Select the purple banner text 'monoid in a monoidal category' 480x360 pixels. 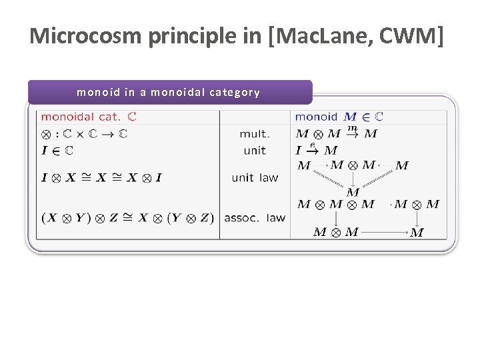pyautogui.click(x=168, y=93)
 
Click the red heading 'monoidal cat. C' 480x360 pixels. pyautogui.click(x=89, y=117)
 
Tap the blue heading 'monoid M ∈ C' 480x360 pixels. pyautogui.click(x=339, y=117)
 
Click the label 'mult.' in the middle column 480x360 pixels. pyautogui.click(x=255, y=134)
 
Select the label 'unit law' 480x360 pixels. pyautogui.click(x=255, y=177)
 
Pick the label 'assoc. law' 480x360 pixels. pyautogui.click(x=255, y=217)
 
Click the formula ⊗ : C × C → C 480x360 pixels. pyautogui.click(x=84, y=134)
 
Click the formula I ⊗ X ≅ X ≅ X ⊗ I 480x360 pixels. pyautogui.click(x=102, y=177)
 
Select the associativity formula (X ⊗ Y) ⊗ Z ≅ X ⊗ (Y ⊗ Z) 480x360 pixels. pyautogui.click(x=127, y=217)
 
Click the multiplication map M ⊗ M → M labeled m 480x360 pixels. pyautogui.click(x=336, y=134)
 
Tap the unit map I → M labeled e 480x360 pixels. pyautogui.click(x=316, y=151)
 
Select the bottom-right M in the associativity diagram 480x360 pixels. pyautogui.click(x=417, y=233)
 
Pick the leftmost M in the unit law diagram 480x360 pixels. pyautogui.click(x=304, y=165)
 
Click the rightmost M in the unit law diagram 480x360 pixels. pyautogui.click(x=402, y=165)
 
